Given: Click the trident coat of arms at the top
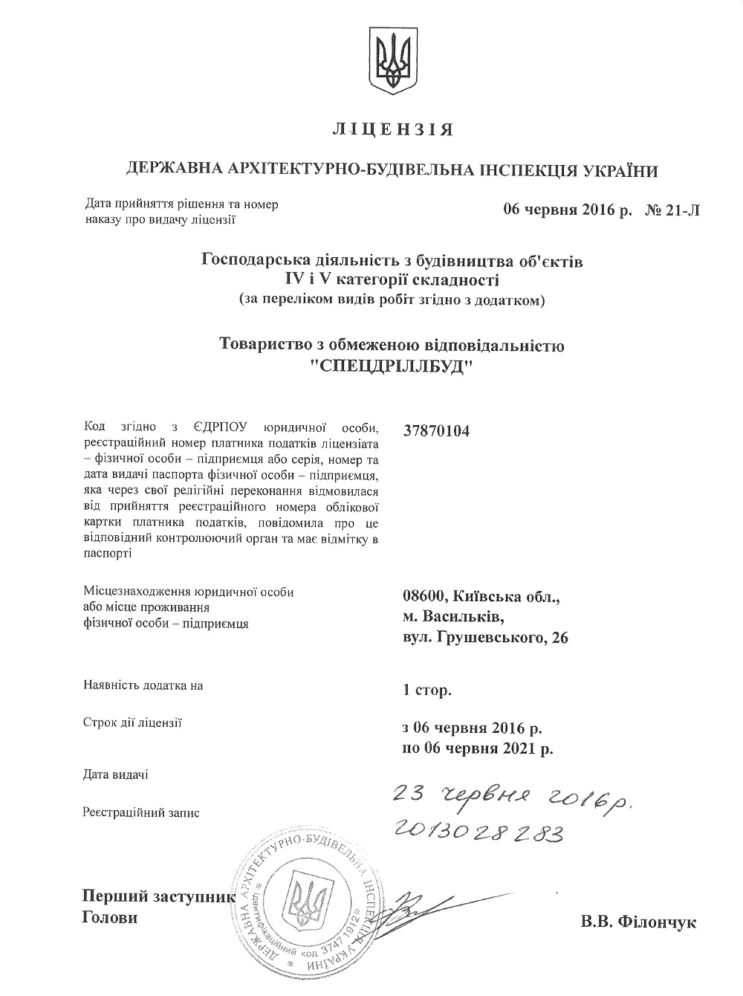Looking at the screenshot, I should coord(392,62).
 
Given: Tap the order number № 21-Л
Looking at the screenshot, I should coord(672,210).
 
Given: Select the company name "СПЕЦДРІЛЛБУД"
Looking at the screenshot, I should coord(392,367).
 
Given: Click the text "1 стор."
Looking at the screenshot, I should coord(426,691).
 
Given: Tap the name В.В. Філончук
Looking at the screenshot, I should coord(639,922).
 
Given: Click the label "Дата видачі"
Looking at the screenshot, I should coord(115,775).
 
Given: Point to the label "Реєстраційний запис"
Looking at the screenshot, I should coord(142,812).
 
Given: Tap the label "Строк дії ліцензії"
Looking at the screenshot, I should coord(133,722).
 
